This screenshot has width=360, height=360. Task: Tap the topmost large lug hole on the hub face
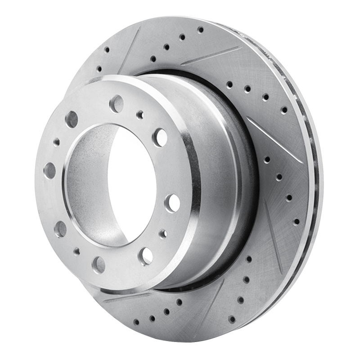pyautogui.click(x=117, y=104)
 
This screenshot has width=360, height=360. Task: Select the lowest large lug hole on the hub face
pyautogui.click(x=99, y=265)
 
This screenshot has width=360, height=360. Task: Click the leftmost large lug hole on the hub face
pyautogui.click(x=49, y=171)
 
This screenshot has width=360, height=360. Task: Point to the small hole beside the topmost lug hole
pyautogui.click(x=140, y=115)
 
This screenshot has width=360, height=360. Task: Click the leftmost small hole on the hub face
pyautogui.click(x=57, y=142)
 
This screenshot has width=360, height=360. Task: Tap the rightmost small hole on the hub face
pyautogui.click(x=163, y=234)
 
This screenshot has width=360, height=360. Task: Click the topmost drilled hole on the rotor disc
pyautogui.click(x=200, y=30)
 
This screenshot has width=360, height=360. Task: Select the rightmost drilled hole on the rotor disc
pyautogui.click(x=296, y=222)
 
